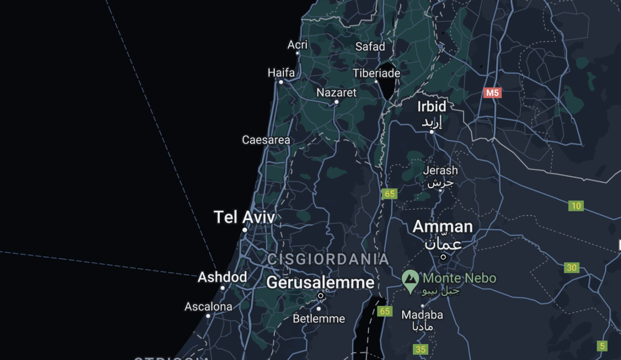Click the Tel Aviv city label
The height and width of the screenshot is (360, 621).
click(x=244, y=217)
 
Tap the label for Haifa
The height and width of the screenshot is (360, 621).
click(x=281, y=73)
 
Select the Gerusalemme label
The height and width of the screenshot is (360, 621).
click(x=320, y=282)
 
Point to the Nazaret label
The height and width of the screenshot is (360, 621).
click(x=337, y=93)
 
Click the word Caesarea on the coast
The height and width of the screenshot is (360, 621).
click(x=266, y=140)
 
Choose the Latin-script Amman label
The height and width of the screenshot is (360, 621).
click(x=443, y=227)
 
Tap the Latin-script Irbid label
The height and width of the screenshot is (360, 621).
click(x=432, y=106)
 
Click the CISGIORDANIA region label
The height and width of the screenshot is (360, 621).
click(x=328, y=260)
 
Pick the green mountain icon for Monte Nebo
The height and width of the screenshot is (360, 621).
click(x=410, y=280)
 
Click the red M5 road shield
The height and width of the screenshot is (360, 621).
click(x=492, y=93)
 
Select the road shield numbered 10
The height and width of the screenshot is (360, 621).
click(x=576, y=206)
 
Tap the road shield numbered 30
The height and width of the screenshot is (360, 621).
click(x=572, y=268)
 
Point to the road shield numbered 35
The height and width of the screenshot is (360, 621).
click(x=420, y=349)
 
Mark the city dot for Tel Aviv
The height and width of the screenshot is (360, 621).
click(x=245, y=230)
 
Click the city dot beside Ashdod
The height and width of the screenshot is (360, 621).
click(x=222, y=288)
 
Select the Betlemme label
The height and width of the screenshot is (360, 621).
click(x=318, y=319)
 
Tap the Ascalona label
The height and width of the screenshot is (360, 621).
click(x=208, y=307)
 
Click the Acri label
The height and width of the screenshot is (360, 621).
click(x=297, y=45)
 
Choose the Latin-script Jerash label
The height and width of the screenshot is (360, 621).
click(x=440, y=170)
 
